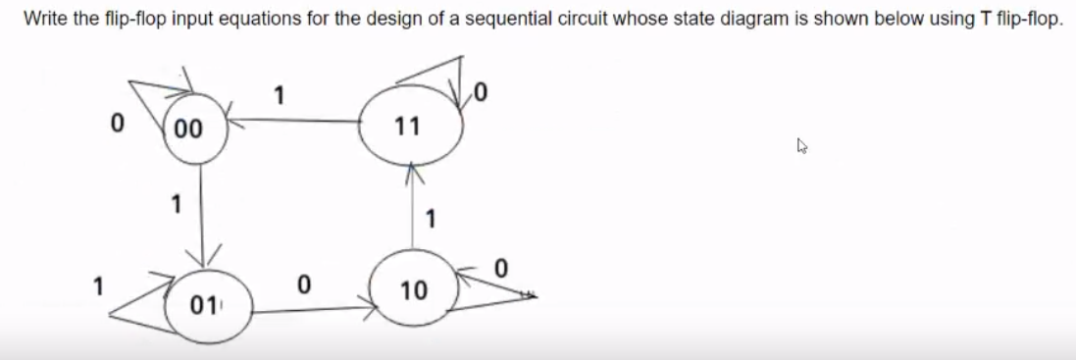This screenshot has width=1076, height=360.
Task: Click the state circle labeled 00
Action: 197,127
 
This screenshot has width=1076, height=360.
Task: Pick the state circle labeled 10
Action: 413,289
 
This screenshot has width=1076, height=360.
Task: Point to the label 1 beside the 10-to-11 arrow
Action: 430,217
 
